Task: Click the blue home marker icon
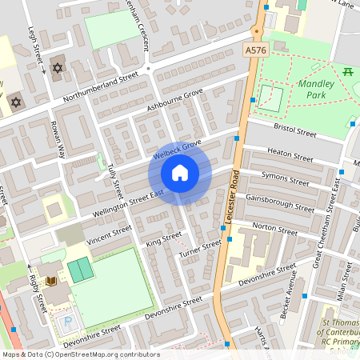[x=180, y=173]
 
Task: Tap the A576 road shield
[x=255, y=50]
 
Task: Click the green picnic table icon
[x=348, y=72]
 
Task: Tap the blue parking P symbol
[x=67, y=321]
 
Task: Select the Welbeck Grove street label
[x=175, y=150]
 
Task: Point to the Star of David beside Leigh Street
[x=56, y=68]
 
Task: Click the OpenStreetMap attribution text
[x=81, y=354]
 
